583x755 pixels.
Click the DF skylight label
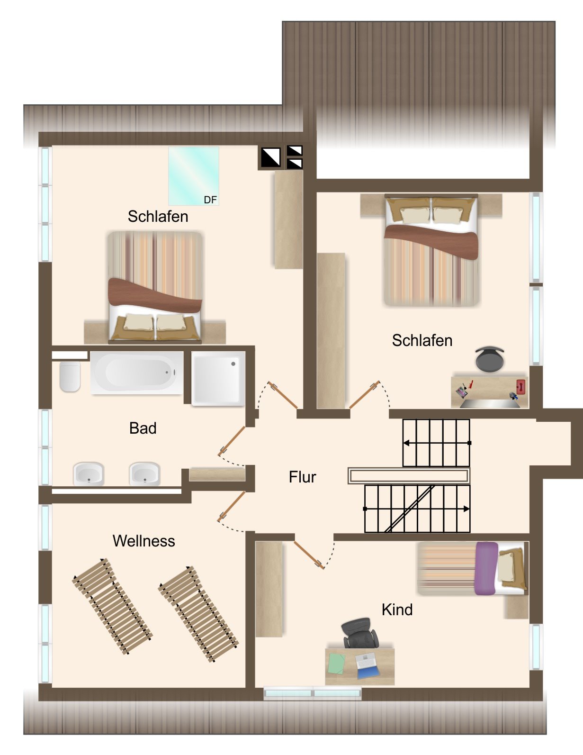coord(210,200)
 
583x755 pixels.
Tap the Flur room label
coord(302,477)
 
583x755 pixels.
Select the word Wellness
coord(144,541)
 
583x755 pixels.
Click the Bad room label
coord(143,428)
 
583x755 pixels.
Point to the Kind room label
coord(397,610)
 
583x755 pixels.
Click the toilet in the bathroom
coord(70,376)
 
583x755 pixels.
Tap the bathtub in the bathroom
coord(137,373)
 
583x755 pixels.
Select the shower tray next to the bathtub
coord(218,378)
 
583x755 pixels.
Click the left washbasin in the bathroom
coord(89,474)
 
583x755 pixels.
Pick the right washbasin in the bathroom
coord(144,474)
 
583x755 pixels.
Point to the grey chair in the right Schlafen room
coord(489,359)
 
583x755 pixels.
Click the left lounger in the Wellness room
coord(112,607)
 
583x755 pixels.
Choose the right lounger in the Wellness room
coord(198,614)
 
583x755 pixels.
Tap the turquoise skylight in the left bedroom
coord(194,176)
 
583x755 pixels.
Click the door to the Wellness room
coord(232,507)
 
